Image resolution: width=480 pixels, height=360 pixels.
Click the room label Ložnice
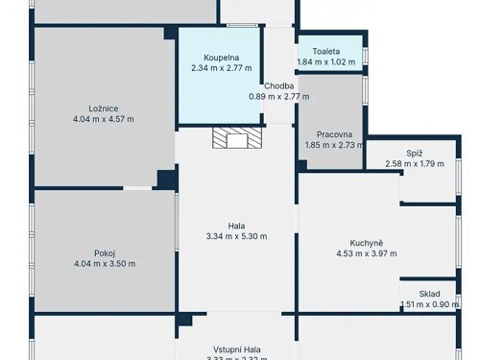[x=104, y=108]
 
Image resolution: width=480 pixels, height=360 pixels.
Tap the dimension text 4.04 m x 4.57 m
[x=104, y=119]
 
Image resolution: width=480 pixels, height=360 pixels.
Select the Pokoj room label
[x=104, y=253]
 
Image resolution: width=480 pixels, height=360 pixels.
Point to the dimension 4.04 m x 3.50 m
[x=104, y=264]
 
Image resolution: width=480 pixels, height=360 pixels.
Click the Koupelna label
[x=221, y=57]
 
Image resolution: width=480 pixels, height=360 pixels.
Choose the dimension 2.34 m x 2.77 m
[x=221, y=68]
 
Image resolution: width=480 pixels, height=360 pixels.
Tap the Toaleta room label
[x=330, y=51]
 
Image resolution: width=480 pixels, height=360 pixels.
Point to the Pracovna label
[x=329, y=134]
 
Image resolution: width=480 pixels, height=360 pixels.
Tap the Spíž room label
[x=414, y=153]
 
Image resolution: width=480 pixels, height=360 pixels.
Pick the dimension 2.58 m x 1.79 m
[x=414, y=164]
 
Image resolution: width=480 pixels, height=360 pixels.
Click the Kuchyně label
[x=366, y=243]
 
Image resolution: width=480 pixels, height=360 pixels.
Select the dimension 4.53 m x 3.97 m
[x=366, y=253]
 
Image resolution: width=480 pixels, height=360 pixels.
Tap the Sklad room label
[x=429, y=295]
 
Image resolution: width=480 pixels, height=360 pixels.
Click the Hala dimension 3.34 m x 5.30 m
[x=236, y=236]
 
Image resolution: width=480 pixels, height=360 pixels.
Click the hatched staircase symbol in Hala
[x=236, y=140]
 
